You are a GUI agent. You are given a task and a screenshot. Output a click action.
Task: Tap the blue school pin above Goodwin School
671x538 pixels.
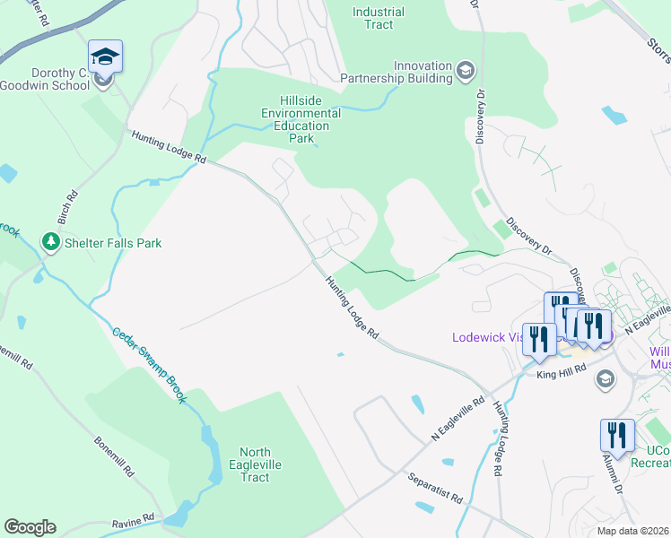(105, 57)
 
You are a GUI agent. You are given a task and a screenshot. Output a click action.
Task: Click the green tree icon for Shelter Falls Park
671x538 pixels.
(50, 242)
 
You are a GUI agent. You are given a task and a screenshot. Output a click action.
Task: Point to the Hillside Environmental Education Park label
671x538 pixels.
(301, 120)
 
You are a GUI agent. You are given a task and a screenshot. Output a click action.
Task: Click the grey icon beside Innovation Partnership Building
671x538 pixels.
(465, 69)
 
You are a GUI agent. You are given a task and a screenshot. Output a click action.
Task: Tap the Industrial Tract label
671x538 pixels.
(379, 18)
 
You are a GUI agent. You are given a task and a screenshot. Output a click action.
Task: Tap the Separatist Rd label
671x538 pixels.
(434, 491)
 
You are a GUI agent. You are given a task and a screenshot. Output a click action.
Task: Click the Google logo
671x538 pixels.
(30, 527)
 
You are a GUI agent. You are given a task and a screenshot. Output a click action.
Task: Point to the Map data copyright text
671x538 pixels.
(632, 531)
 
